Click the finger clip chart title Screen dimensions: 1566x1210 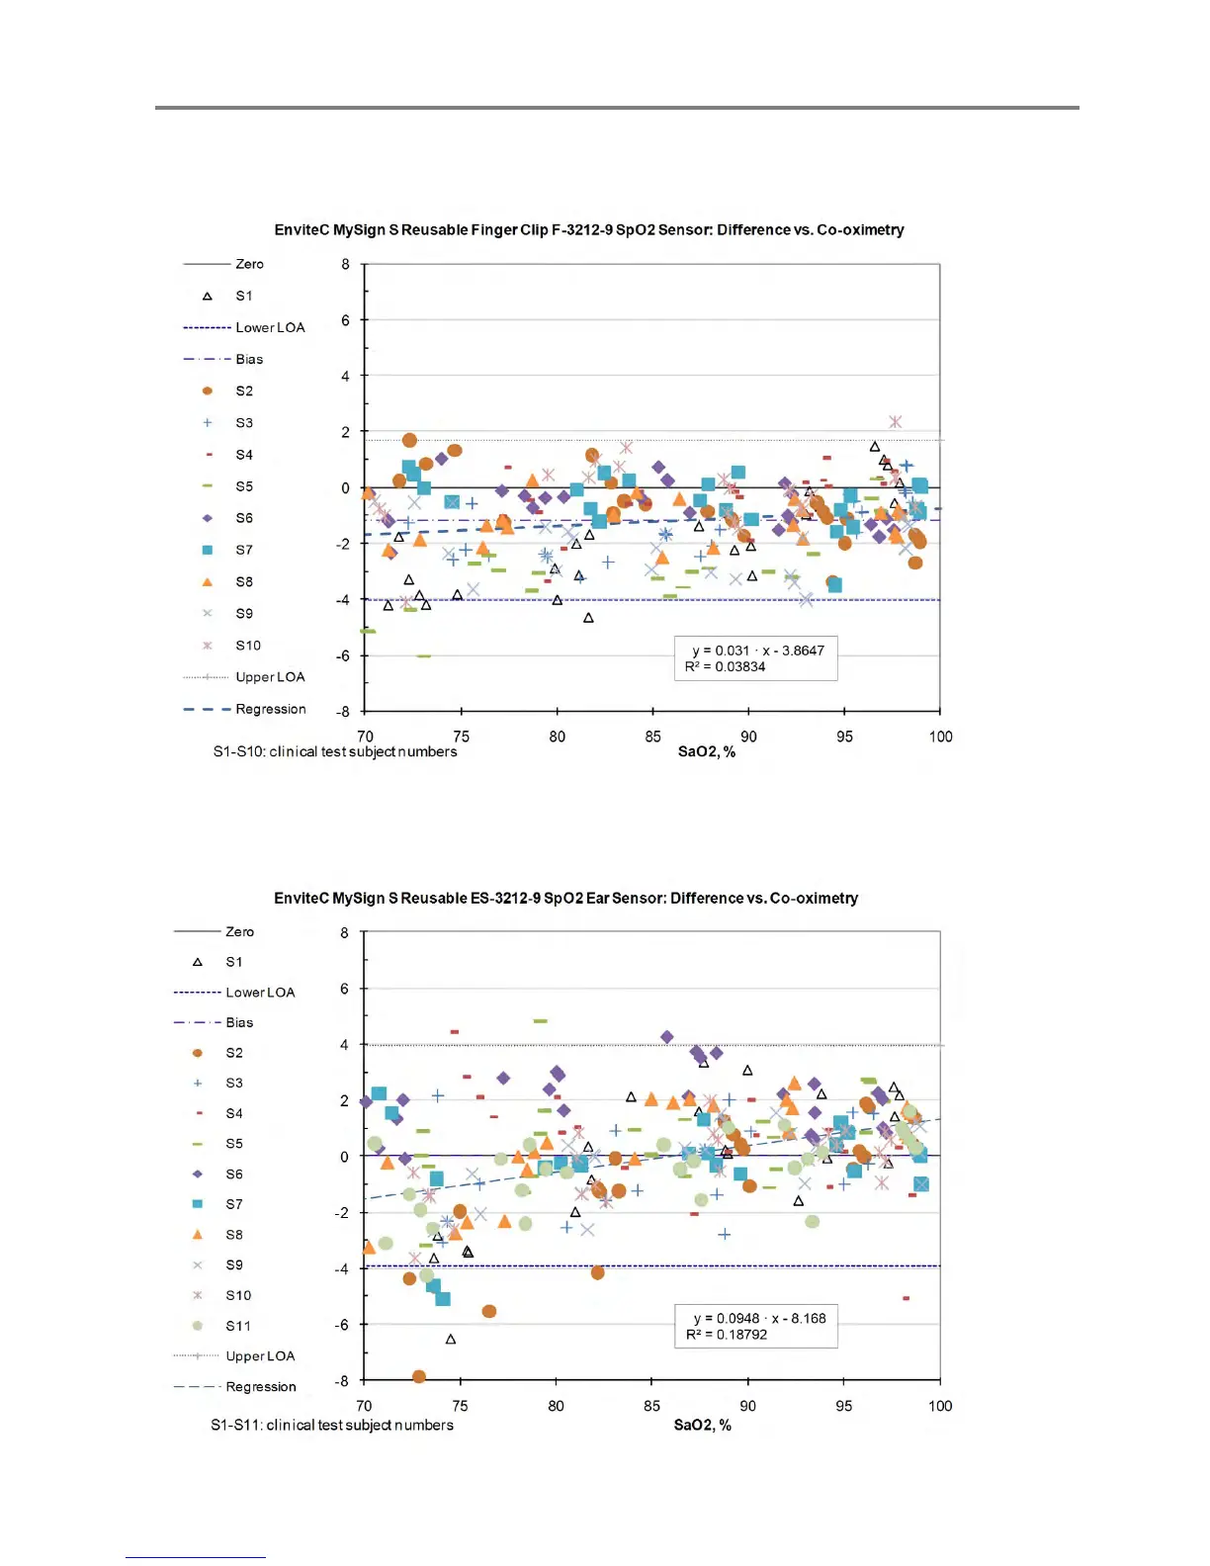pyautogui.click(x=589, y=230)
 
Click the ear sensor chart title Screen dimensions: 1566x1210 pyautogui.click(x=565, y=899)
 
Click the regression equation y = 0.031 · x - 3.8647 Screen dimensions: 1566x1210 pyautogui.click(x=757, y=651)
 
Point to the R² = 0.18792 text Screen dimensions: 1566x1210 pyautogui.click(x=727, y=1335)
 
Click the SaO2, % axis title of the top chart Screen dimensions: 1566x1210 pyautogui.click(x=706, y=752)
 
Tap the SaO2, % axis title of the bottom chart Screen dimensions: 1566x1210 pyautogui.click(x=702, y=1426)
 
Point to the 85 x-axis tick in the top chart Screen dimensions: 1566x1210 pyautogui.click(x=652, y=737)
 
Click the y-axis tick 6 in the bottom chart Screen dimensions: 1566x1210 pyautogui.click(x=344, y=989)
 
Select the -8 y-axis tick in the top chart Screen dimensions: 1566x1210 pyautogui.click(x=342, y=712)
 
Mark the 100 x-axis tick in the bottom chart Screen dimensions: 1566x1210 pyautogui.click(x=939, y=1406)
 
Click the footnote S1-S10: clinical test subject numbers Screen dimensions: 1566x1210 pyautogui.click(x=335, y=752)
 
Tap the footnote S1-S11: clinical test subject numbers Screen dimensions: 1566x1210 pyautogui.click(x=332, y=1426)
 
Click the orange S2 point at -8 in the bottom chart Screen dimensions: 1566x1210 pyautogui.click(x=419, y=1376)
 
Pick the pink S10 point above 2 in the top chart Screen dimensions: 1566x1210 pyautogui.click(x=895, y=422)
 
